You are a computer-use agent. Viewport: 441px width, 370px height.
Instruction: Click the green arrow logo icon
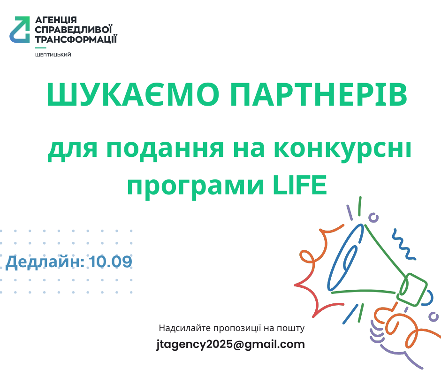[20, 30]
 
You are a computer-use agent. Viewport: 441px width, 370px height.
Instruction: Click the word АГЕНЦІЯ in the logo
[56, 20]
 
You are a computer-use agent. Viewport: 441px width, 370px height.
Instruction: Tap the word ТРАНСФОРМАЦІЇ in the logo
[76, 39]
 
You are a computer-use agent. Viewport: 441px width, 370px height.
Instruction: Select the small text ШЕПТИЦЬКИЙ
[53, 55]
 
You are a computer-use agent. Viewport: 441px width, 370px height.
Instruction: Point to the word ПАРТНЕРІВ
[319, 94]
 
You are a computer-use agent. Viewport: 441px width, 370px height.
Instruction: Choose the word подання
[165, 149]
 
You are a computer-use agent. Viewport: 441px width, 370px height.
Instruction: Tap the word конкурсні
[342, 149]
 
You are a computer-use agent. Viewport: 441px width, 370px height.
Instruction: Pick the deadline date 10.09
[111, 262]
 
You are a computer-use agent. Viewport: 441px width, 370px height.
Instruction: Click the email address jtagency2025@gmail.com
[231, 345]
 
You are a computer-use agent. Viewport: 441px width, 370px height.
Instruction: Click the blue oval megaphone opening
[346, 257]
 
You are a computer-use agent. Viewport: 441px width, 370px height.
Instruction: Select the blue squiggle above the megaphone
[404, 244]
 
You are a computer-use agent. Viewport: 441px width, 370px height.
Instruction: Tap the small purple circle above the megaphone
[373, 217]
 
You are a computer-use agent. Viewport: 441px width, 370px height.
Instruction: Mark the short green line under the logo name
[40, 48]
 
